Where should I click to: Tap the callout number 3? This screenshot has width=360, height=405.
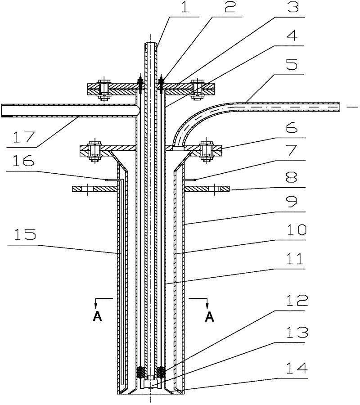coord(296,9)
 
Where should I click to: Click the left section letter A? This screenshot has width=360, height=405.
coord(98,317)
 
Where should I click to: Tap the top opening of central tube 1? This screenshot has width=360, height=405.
coord(151,43)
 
